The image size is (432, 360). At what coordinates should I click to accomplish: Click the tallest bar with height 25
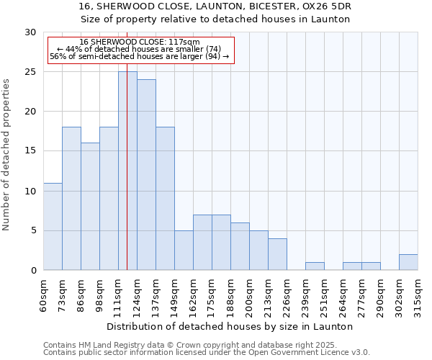click(x=127, y=171)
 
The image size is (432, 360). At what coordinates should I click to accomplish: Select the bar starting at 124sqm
click(x=146, y=175)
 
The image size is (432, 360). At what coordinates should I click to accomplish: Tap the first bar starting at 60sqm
click(x=53, y=226)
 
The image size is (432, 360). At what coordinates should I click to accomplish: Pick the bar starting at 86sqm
click(x=90, y=207)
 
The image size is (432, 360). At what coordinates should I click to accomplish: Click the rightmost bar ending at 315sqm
click(x=408, y=262)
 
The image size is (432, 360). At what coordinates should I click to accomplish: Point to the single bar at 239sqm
click(x=315, y=266)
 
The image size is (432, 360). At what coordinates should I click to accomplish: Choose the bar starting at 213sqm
click(x=277, y=254)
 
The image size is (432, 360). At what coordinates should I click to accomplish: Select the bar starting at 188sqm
click(x=240, y=246)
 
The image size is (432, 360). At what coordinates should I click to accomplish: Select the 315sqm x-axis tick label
click(x=418, y=294)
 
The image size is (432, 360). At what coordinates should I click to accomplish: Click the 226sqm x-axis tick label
click(x=287, y=294)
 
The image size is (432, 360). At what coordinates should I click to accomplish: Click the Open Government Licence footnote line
click(x=207, y=353)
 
